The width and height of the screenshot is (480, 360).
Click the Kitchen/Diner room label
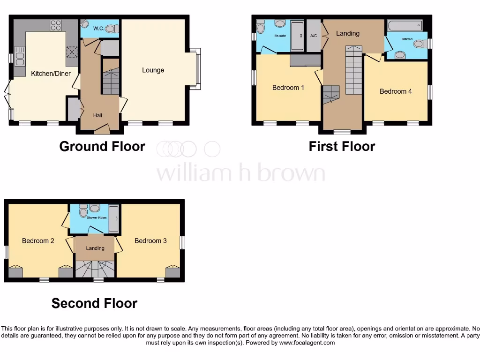coord(51,74)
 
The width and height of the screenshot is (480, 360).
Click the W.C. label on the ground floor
coord(98,29)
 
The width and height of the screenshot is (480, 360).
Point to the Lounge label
coord(153,70)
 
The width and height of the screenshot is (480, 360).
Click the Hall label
coord(97,115)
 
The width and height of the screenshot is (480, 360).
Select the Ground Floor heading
coord(102,146)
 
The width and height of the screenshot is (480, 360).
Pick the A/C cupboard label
coord(314,36)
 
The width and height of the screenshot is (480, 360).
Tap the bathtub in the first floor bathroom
coord(404,25)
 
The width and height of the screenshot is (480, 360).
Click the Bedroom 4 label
coord(396,91)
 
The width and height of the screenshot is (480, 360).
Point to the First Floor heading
coord(342,146)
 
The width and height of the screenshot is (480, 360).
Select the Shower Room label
coord(96,217)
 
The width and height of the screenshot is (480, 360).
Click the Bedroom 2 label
coord(38,241)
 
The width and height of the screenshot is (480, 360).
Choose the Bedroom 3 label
coord(150,241)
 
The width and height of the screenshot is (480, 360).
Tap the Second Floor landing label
coord(95,248)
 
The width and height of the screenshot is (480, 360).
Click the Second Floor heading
coord(94,303)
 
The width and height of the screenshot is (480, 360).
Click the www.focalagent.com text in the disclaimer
coord(307,343)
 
